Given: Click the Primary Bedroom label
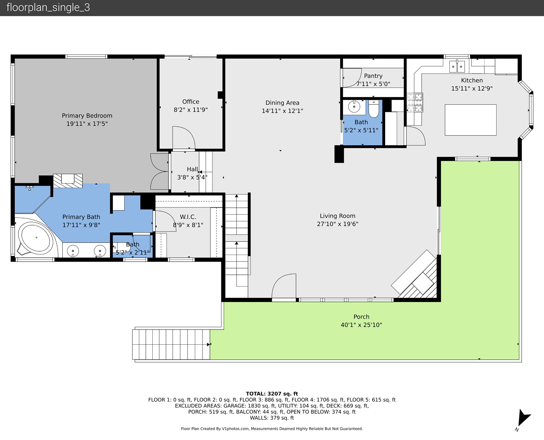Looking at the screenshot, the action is (x=87, y=116).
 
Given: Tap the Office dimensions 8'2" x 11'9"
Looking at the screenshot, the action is (x=191, y=110).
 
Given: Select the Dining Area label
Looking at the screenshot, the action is (x=282, y=103).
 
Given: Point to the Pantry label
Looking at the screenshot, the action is (x=373, y=76).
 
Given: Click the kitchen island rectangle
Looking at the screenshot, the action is (x=471, y=120).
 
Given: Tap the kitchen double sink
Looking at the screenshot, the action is (x=457, y=66).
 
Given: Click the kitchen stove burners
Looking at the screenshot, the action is (x=415, y=103).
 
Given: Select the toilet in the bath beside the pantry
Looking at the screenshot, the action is (x=374, y=109).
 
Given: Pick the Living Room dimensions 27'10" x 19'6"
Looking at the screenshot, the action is (x=338, y=224).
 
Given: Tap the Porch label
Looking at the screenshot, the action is (x=361, y=317).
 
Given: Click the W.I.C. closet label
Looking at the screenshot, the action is (x=188, y=217).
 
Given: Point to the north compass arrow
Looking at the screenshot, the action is (x=523, y=418).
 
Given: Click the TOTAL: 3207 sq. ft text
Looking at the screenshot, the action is (x=272, y=394).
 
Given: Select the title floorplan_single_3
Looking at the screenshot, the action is (x=48, y=7).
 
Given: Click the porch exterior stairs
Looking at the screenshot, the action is (x=171, y=344).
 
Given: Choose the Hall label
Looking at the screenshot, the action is (x=192, y=169).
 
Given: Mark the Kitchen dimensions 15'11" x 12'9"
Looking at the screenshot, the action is (x=472, y=88).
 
